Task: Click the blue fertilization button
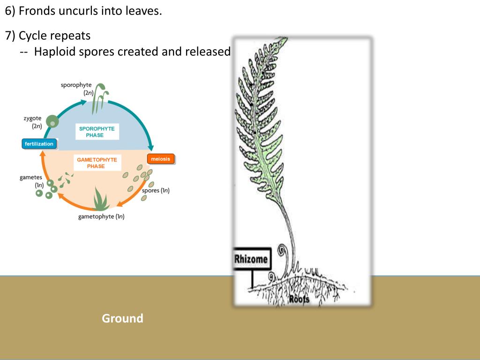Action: pyautogui.click(x=39, y=144)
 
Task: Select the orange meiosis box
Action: pyautogui.click(x=161, y=159)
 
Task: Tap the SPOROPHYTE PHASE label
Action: pyautogui.click(x=97, y=132)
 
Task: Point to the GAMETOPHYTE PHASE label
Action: pyautogui.click(x=97, y=163)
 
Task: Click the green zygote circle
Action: pyautogui.click(x=53, y=122)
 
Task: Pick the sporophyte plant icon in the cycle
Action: pyautogui.click(x=99, y=97)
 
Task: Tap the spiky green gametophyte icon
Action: pyautogui.click(x=101, y=199)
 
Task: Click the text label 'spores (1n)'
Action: pyautogui.click(x=155, y=190)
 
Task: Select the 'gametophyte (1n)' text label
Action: pyautogui.click(x=101, y=216)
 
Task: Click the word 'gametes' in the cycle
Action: pyautogui.click(x=31, y=177)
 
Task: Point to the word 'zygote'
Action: pyautogui.click(x=33, y=118)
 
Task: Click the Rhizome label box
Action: pyautogui.click(x=251, y=259)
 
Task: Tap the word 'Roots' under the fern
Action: pyautogui.click(x=299, y=299)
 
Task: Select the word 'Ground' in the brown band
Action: pyautogui.click(x=122, y=319)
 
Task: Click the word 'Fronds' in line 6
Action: pyautogui.click(x=37, y=11)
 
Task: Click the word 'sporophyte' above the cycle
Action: pyautogui.click(x=76, y=85)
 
